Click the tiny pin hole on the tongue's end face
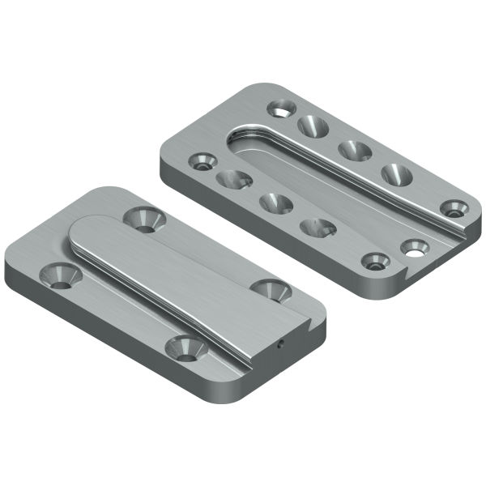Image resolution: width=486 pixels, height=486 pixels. click(x=280, y=343)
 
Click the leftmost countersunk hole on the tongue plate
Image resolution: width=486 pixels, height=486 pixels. click(x=61, y=275)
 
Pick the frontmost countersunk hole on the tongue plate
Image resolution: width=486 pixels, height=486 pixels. click(x=183, y=347)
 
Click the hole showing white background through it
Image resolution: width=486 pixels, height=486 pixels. click(x=415, y=248)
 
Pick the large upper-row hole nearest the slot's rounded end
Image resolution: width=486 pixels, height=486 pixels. click(x=312, y=126)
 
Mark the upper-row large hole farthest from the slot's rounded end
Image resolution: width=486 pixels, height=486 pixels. click(x=396, y=173)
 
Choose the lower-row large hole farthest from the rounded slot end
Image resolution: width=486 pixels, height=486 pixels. click(x=317, y=228)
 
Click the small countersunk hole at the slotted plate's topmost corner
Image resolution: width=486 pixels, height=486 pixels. click(x=281, y=106)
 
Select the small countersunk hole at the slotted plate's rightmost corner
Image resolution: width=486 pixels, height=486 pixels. click(x=455, y=207)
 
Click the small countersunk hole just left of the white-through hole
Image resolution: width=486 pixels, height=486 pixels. click(x=374, y=262)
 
